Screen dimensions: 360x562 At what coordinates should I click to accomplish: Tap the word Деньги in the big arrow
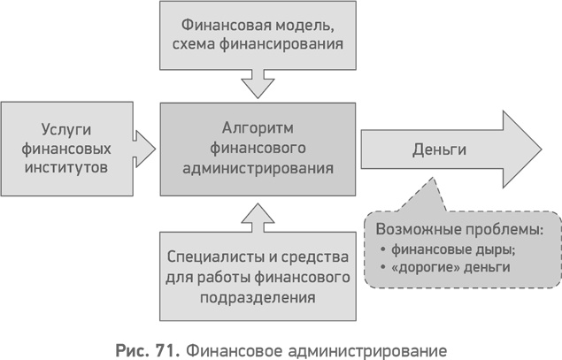pyautogui.click(x=439, y=149)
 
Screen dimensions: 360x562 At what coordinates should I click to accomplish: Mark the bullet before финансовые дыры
pyautogui.click(x=381, y=249)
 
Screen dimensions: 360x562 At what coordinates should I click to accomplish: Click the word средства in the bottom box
pyautogui.click(x=307, y=257)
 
